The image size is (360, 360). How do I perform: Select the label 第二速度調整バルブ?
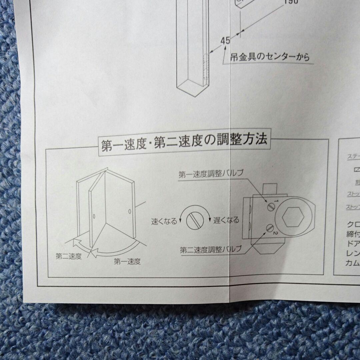click(211, 250)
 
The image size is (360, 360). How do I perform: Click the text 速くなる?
click(164, 221)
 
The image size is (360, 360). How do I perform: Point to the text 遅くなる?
click(226, 220)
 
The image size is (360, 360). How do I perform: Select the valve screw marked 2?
click(270, 229)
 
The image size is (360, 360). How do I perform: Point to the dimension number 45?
click(225, 41)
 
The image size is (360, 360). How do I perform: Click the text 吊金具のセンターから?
click(269, 57)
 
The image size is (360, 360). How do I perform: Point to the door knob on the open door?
click(94, 217)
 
